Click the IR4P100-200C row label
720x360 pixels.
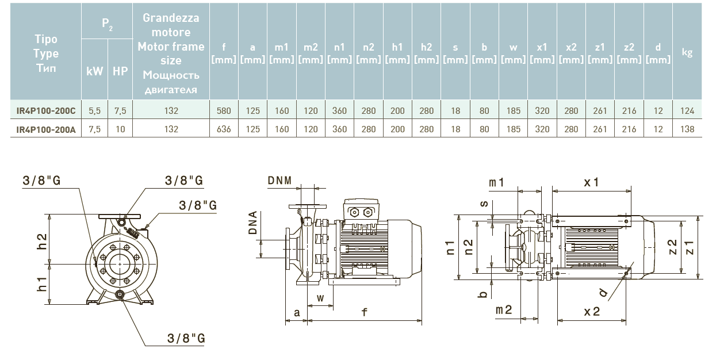click(x=46, y=111)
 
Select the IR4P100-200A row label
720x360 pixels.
click(x=46, y=129)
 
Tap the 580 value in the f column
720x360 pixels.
click(x=224, y=111)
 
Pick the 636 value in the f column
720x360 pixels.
click(x=224, y=129)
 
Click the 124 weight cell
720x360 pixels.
click(x=687, y=111)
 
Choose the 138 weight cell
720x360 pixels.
click(x=687, y=129)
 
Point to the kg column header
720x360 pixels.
click(x=687, y=52)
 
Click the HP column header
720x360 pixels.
click(x=120, y=71)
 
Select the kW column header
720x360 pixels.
click(x=94, y=71)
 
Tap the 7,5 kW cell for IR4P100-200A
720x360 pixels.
click(x=94, y=129)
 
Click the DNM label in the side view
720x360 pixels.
click(x=280, y=181)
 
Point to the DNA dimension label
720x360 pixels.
click(x=253, y=223)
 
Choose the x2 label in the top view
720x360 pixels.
click(x=592, y=311)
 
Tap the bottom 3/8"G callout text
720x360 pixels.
click(x=186, y=338)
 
